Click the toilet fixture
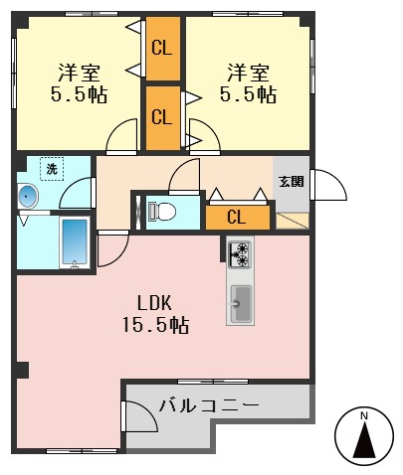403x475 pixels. (x=162, y=211)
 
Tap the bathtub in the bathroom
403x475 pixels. (x=75, y=241)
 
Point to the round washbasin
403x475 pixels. (x=29, y=198)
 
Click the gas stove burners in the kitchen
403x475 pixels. (x=239, y=254)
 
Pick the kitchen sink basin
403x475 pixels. (x=240, y=297)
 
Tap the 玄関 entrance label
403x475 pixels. (x=291, y=181)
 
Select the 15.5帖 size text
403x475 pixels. (x=156, y=325)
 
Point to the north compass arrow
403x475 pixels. (x=364, y=437)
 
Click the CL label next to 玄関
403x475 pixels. (x=237, y=218)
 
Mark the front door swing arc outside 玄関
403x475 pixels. (x=327, y=186)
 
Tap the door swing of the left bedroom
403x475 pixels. (x=122, y=136)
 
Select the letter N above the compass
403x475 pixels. (x=364, y=414)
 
